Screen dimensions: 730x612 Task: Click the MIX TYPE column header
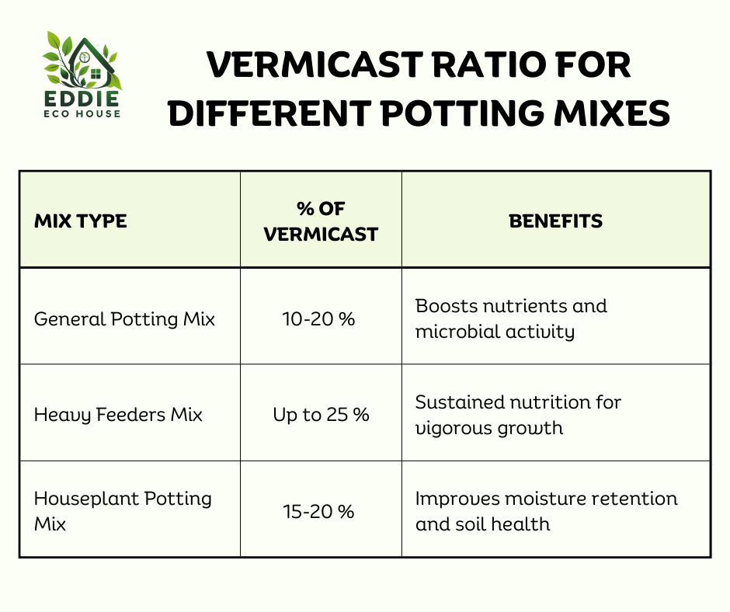tap(81, 221)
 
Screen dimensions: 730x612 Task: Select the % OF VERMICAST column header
tap(321, 221)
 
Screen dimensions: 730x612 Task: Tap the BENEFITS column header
tap(555, 221)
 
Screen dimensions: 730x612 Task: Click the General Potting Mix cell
tap(124, 319)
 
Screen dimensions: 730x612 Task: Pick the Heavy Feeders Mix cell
tap(118, 415)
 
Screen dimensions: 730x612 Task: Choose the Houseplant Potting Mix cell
tap(123, 511)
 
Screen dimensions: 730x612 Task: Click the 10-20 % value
tap(319, 319)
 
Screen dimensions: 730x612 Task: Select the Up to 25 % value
tap(322, 415)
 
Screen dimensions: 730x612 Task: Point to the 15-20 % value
tap(319, 511)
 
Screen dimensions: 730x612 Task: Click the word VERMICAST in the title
tap(315, 64)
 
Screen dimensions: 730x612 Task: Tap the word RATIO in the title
tap(488, 64)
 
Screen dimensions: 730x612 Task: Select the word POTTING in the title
tap(463, 113)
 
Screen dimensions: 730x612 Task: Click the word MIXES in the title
tap(612, 113)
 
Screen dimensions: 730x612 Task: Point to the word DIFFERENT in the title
tap(270, 113)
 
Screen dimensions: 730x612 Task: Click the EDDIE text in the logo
tap(82, 99)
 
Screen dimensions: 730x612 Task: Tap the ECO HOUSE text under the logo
tap(82, 113)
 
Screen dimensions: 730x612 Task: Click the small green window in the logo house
tap(96, 74)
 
